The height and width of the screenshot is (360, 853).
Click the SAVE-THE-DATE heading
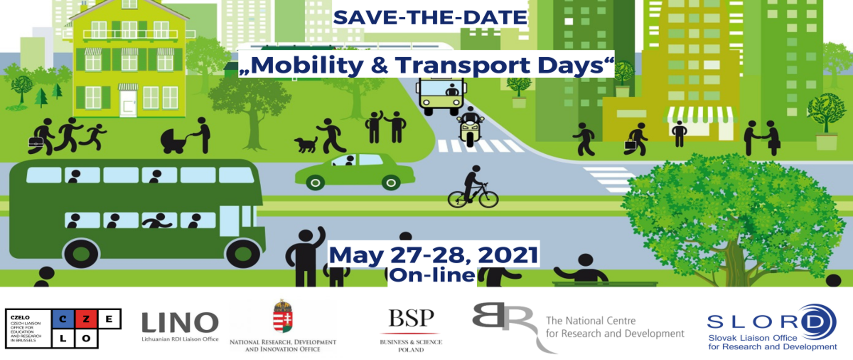coord(430,18)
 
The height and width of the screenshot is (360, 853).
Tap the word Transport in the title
coord(462,65)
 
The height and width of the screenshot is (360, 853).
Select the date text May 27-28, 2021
coord(433,255)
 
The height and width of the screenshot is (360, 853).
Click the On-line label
coord(432,275)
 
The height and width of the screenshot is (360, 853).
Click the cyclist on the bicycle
coord(473,189)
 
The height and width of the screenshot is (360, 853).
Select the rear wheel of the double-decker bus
coord(81,253)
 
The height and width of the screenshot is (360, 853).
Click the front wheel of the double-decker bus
coord(243,253)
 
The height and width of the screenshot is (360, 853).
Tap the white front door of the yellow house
coord(128,103)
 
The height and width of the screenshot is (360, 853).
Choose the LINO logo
coord(180,323)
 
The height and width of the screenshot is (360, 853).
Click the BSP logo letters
coord(411,318)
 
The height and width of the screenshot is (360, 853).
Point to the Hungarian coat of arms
coord(283,316)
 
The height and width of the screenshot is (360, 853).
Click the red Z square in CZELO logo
coord(86,319)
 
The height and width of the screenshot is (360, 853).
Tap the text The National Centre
coord(590,320)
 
